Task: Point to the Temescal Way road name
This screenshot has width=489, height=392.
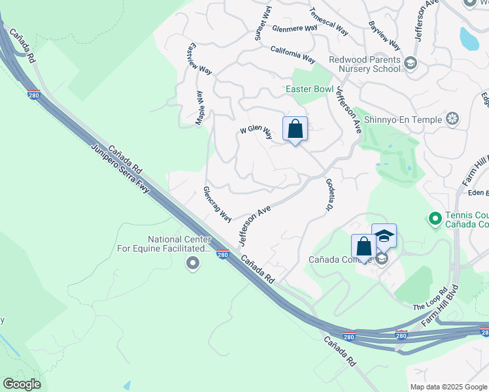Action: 329,22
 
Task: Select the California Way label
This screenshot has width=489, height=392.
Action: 293,54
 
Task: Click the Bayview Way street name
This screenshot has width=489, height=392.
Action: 384,36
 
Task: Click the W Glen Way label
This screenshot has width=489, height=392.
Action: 256,132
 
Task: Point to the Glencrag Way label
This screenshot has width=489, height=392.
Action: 217,203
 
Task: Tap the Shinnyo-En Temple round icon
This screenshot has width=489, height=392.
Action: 452,118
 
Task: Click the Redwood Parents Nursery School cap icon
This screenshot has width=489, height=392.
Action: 410,63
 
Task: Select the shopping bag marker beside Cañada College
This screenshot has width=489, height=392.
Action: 364,246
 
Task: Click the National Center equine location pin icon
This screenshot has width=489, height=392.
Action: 192,263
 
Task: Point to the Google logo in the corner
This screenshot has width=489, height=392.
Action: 22,384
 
